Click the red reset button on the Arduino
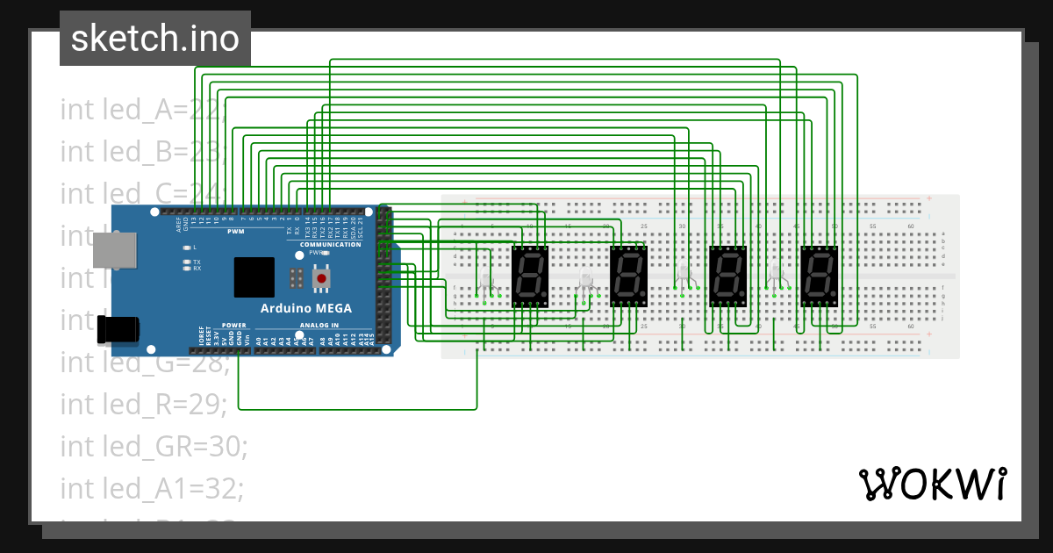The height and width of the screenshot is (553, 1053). tap(322, 278)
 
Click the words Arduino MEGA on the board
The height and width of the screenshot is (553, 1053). tap(306, 308)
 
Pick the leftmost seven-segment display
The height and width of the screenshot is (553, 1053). tap(531, 275)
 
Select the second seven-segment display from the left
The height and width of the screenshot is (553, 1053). tap(628, 275)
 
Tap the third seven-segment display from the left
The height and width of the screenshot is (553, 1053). tap(727, 275)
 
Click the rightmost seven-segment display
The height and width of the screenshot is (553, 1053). tap(819, 275)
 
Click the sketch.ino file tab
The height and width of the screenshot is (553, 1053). tap(155, 39)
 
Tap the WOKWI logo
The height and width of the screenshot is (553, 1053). tap(933, 484)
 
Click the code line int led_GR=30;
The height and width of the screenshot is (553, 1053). tap(154, 446)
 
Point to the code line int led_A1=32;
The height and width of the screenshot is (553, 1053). tap(153, 487)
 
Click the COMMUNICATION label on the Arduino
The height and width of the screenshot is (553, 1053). tap(330, 244)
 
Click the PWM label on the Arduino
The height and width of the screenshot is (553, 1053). tap(236, 232)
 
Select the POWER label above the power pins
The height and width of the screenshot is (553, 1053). tap(234, 325)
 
